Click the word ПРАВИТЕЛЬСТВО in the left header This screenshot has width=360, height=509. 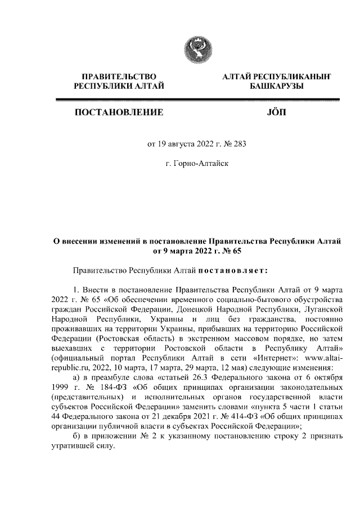[x=119, y=76]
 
